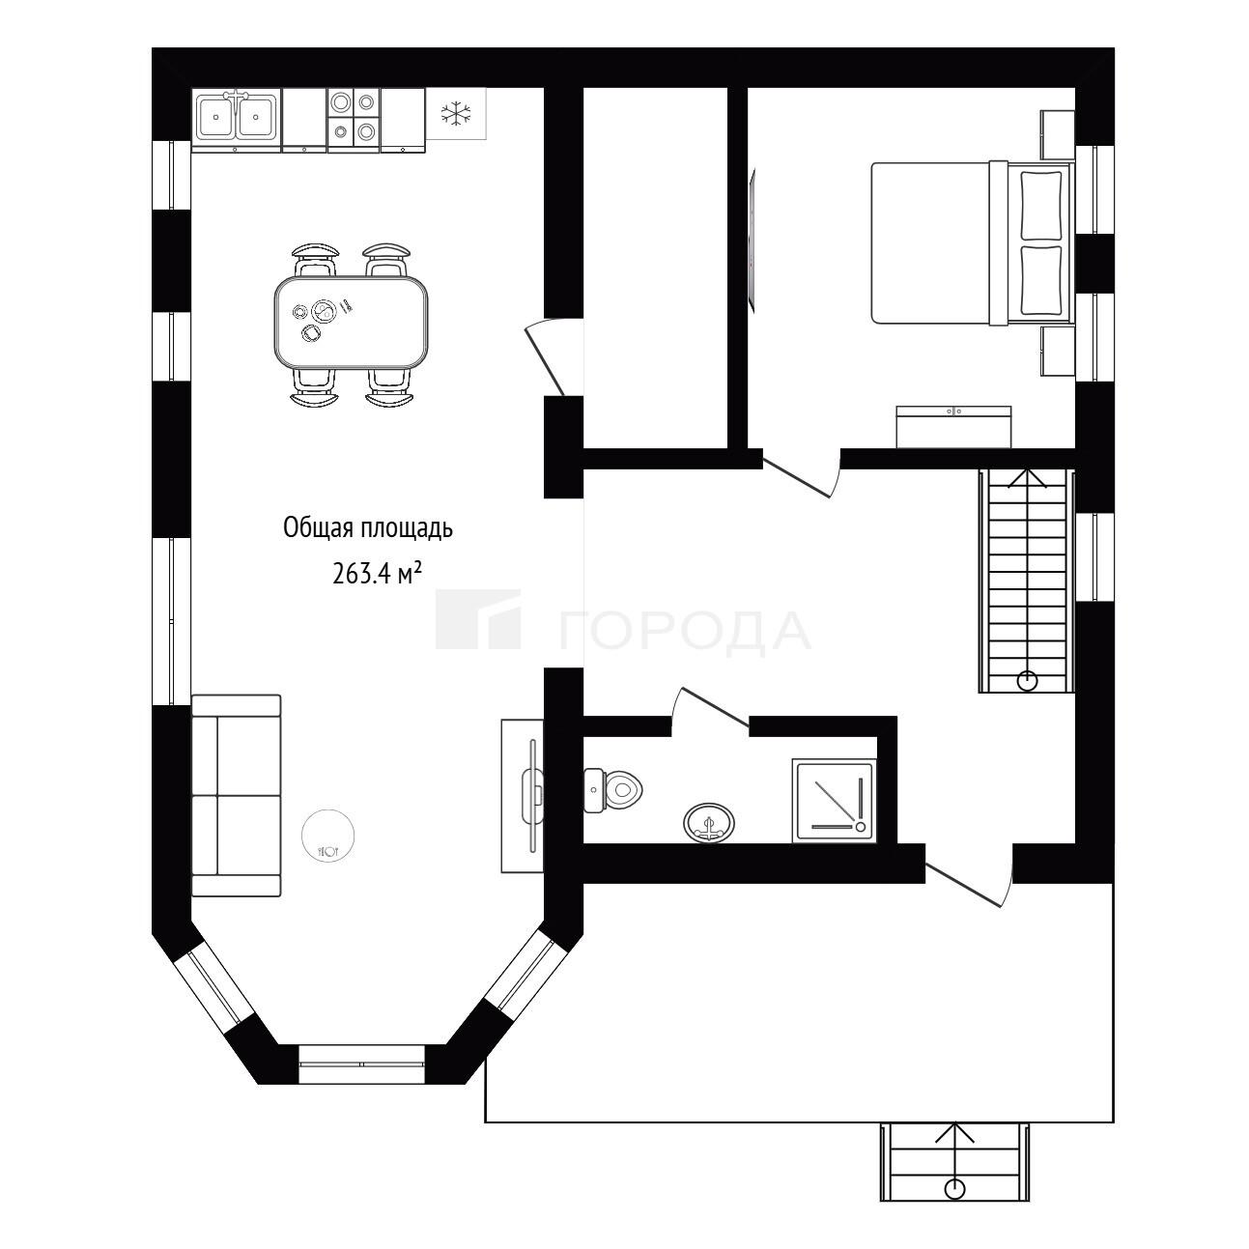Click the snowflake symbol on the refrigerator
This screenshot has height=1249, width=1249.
click(455, 113)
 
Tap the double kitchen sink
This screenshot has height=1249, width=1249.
click(238, 117)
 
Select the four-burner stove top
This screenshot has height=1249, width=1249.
click(354, 117)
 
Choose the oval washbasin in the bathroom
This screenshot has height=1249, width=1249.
click(709, 822)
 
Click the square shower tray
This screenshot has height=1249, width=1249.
click(834, 801)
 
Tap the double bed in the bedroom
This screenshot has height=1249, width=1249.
click(972, 243)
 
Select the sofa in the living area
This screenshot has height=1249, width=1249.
click(237, 796)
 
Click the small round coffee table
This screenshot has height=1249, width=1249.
click(328, 836)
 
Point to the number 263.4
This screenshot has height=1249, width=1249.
click(361, 574)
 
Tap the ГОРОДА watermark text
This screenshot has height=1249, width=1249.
click(685, 632)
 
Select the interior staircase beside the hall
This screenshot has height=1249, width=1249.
click(1027, 581)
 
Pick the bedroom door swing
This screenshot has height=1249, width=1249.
click(801, 476)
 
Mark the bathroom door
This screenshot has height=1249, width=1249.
click(711, 706)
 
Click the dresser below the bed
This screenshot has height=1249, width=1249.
click(953, 427)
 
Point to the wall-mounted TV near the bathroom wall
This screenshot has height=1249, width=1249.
click(752, 240)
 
